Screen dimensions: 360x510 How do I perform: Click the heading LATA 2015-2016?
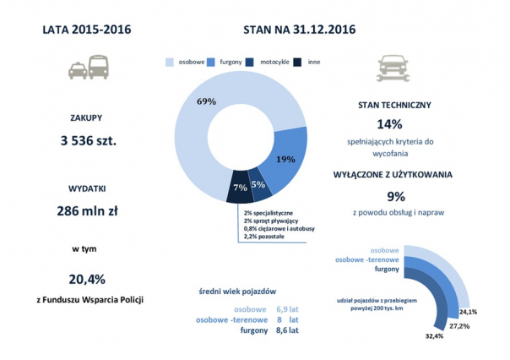click(x=86, y=30)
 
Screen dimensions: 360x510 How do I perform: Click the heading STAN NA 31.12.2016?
click(x=300, y=30)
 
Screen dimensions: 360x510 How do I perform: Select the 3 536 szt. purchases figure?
click(x=88, y=139)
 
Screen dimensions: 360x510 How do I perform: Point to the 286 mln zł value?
click(x=88, y=211)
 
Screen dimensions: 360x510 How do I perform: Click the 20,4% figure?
click(x=87, y=279)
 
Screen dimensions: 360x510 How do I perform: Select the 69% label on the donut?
click(x=206, y=101)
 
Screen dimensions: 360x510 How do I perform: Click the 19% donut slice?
click(x=285, y=159)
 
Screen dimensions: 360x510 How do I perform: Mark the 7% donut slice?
click(x=240, y=187)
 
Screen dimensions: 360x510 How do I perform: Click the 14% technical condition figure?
click(x=390, y=123)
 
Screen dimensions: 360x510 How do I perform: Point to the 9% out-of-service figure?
click(x=390, y=193)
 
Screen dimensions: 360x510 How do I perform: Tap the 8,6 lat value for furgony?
click(x=287, y=330)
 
